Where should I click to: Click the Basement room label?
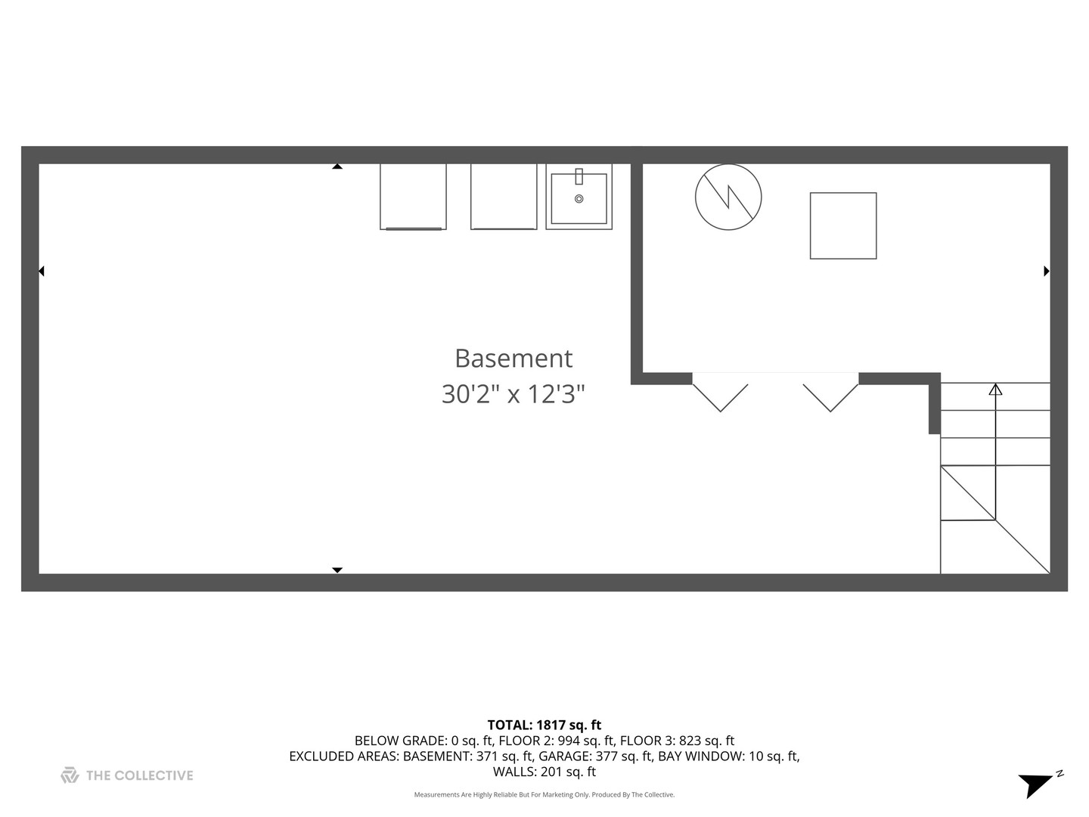513,358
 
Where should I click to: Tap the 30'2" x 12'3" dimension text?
513,394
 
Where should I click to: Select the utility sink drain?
579,199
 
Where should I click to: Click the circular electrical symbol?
728,197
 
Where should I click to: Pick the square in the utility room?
843,225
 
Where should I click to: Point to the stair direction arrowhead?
996,390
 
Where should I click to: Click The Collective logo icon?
70,775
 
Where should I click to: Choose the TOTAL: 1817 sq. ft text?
544,725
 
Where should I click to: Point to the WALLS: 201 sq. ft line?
544,772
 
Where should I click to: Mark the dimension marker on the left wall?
42,271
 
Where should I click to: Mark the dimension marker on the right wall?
1047,271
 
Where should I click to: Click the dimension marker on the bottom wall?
337,570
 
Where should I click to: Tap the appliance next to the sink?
504,196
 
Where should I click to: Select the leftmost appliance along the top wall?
413,196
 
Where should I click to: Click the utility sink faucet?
579,177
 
